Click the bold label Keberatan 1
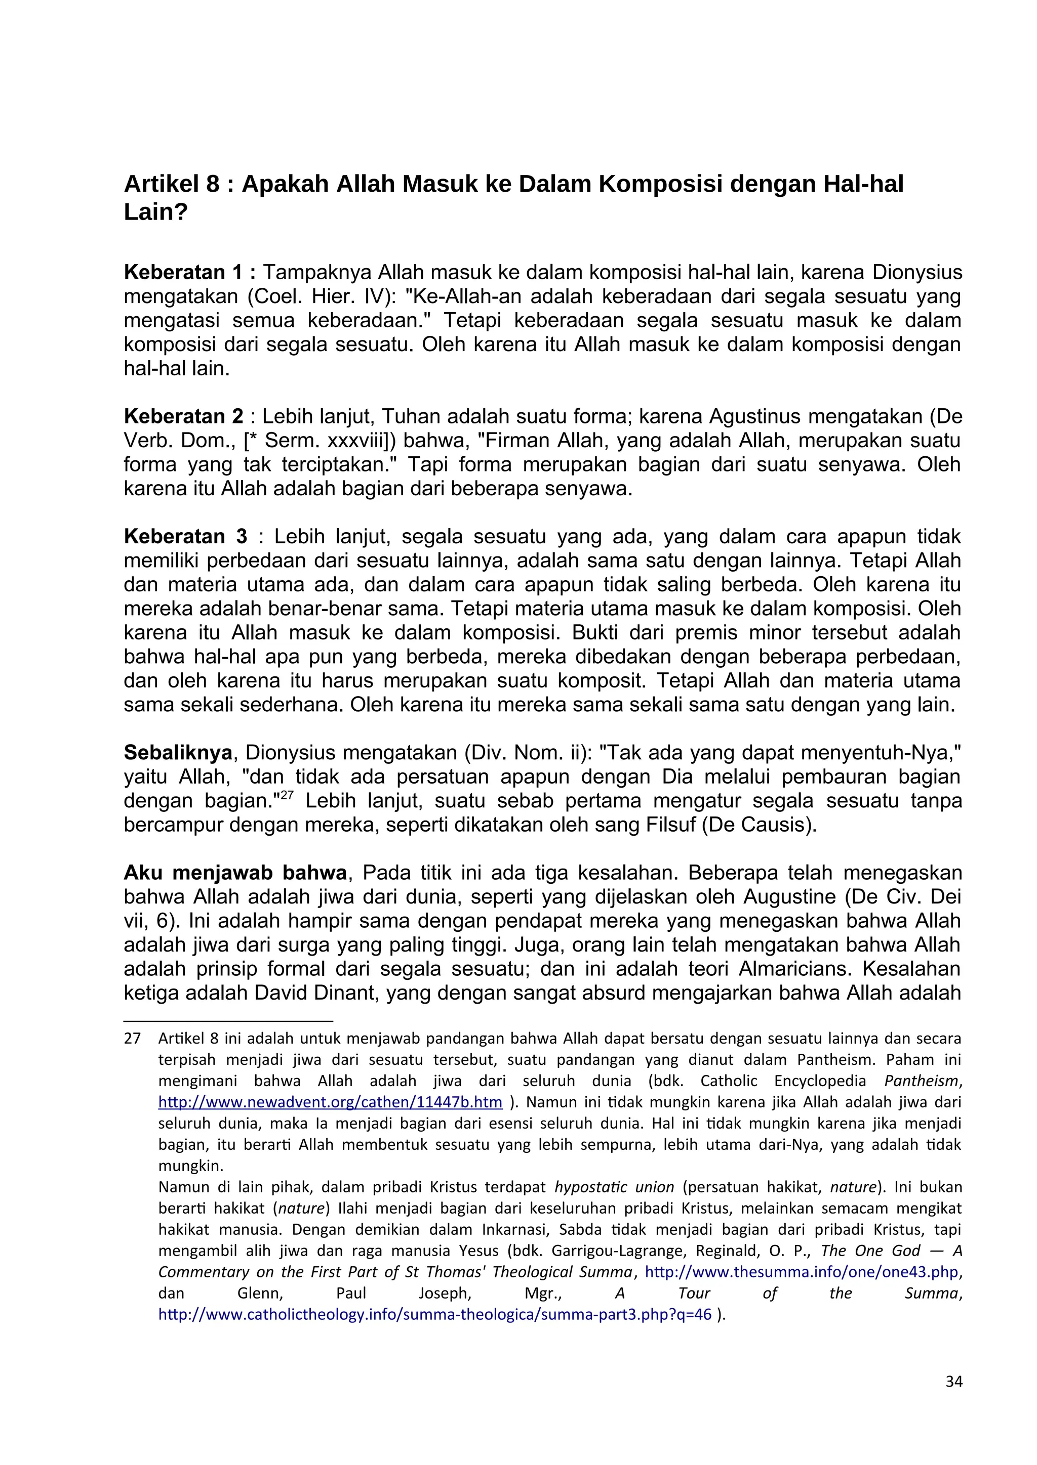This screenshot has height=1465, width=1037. click(190, 273)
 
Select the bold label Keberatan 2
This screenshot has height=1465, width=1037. click(183, 417)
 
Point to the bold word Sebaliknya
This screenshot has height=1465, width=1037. click(178, 753)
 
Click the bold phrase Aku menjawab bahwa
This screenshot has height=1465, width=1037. click(235, 873)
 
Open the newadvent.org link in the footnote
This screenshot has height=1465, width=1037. click(330, 1102)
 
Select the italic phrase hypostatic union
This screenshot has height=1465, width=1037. click(614, 1187)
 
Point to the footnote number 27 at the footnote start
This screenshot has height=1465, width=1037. click(132, 1039)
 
